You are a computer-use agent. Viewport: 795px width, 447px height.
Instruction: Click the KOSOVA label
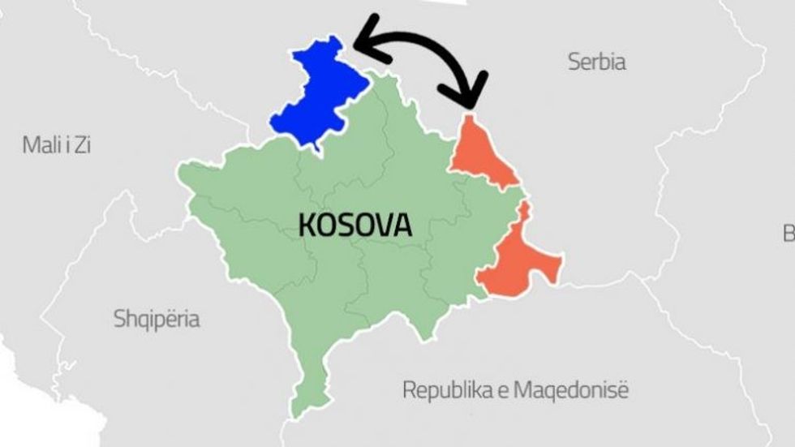(x=355, y=225)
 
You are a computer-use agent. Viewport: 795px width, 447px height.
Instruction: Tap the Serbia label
(x=596, y=62)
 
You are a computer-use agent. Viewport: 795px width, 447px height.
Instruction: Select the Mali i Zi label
(x=56, y=146)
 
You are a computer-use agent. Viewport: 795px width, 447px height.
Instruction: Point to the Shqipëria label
(x=157, y=319)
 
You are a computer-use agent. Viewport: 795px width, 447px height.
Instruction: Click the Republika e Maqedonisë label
(x=515, y=390)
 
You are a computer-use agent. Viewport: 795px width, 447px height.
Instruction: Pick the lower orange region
(x=519, y=260)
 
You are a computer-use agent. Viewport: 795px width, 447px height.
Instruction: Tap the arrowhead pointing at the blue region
(x=363, y=45)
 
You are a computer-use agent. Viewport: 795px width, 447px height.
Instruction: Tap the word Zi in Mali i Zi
(x=81, y=146)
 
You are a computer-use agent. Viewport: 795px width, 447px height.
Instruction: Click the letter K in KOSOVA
(x=307, y=225)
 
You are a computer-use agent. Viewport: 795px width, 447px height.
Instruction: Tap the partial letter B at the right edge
(x=789, y=234)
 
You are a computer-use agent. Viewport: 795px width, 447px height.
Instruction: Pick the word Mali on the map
(x=40, y=146)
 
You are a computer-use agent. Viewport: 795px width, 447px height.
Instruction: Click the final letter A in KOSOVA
(x=402, y=225)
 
